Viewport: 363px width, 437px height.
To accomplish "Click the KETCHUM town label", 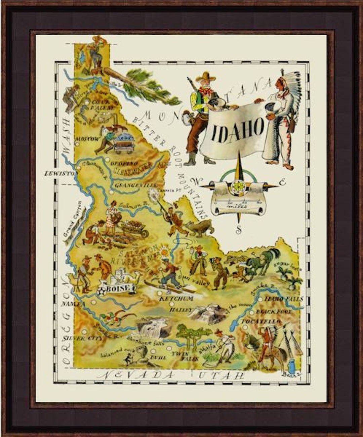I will point(176,298).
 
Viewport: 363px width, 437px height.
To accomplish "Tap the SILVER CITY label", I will point(78,338).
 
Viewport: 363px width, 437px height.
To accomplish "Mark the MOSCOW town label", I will point(87,139).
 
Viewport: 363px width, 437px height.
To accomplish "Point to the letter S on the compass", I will point(239,230).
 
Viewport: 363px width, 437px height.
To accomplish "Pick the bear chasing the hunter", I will point(200,227).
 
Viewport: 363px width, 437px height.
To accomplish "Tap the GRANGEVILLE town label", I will point(135,185).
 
